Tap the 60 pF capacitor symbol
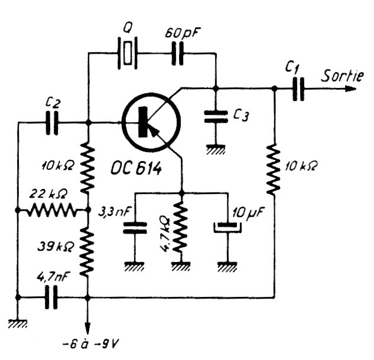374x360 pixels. (x=178, y=53)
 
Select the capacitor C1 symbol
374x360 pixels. (x=299, y=89)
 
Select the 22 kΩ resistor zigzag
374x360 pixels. (x=55, y=210)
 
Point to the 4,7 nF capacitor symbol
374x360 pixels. (x=53, y=298)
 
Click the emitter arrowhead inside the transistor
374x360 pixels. (x=155, y=133)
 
